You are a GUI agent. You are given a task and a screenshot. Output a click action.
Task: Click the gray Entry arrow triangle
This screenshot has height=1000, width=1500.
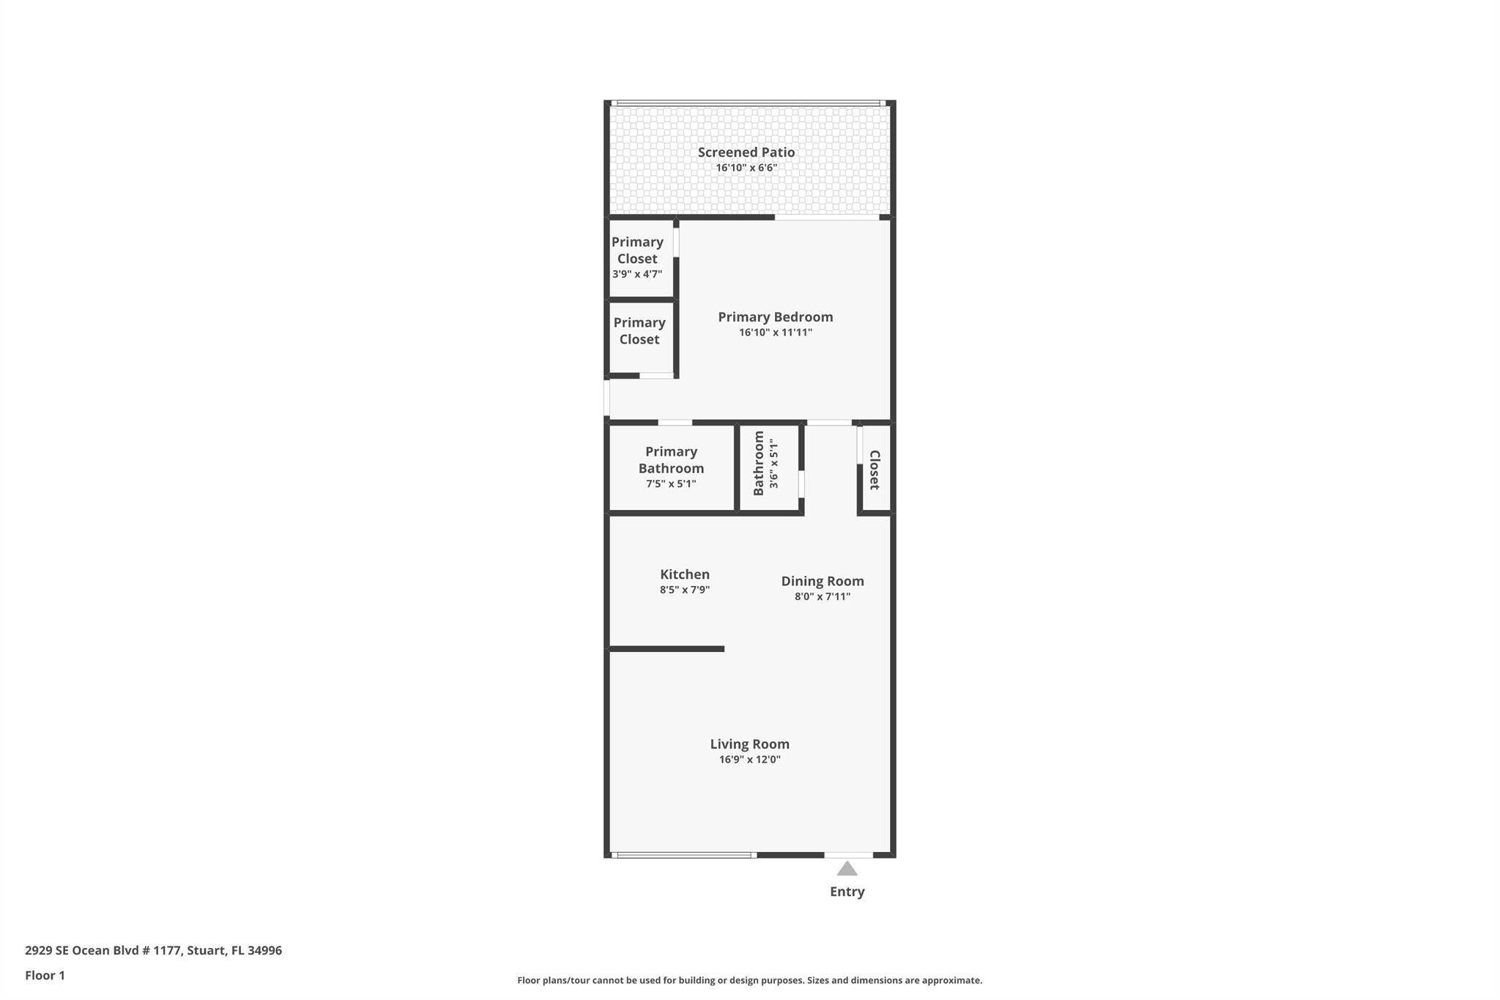coord(847,869)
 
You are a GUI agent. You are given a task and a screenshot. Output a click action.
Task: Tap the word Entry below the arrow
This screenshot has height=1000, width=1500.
coord(847,892)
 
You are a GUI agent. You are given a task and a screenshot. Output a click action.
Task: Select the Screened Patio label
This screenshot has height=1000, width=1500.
coord(746,152)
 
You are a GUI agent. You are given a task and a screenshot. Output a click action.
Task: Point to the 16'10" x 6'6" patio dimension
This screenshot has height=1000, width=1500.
coord(746,168)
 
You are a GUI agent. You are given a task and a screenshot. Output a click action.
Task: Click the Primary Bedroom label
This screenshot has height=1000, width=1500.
coord(775,317)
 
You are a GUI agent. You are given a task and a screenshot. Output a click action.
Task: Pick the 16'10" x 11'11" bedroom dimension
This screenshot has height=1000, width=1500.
coord(775,333)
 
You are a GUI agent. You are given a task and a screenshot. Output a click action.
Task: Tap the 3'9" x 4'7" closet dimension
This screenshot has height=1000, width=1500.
coord(637,274)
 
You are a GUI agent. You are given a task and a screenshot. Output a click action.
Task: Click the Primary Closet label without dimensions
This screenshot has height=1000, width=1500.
coord(639,331)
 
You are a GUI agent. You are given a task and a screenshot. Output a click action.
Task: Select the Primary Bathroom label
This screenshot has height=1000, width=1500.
coord(671,460)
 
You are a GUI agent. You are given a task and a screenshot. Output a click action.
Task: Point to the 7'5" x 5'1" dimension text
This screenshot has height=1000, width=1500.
coord(671,484)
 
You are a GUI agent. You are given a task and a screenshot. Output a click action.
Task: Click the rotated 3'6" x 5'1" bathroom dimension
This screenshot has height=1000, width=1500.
coord(774,464)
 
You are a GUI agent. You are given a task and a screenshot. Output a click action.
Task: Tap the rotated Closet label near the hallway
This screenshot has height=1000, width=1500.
coord(875,470)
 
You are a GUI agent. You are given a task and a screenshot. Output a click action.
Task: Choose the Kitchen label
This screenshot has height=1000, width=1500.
coord(684,574)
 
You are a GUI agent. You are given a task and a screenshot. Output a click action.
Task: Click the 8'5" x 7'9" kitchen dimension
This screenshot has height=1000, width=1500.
coord(684,590)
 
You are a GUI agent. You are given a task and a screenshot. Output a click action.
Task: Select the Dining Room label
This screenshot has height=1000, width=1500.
coord(822,581)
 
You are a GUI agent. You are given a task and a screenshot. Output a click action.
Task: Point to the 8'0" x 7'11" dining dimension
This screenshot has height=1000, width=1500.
coord(822,596)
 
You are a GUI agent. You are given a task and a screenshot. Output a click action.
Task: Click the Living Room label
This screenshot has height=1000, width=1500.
coord(749,744)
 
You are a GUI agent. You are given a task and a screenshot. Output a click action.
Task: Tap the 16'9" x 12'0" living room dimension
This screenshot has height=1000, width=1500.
coord(749,760)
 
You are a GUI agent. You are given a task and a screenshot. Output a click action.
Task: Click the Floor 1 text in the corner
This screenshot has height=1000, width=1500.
coord(45,975)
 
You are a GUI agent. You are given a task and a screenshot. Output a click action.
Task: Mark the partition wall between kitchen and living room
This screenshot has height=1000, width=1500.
coord(667,648)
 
